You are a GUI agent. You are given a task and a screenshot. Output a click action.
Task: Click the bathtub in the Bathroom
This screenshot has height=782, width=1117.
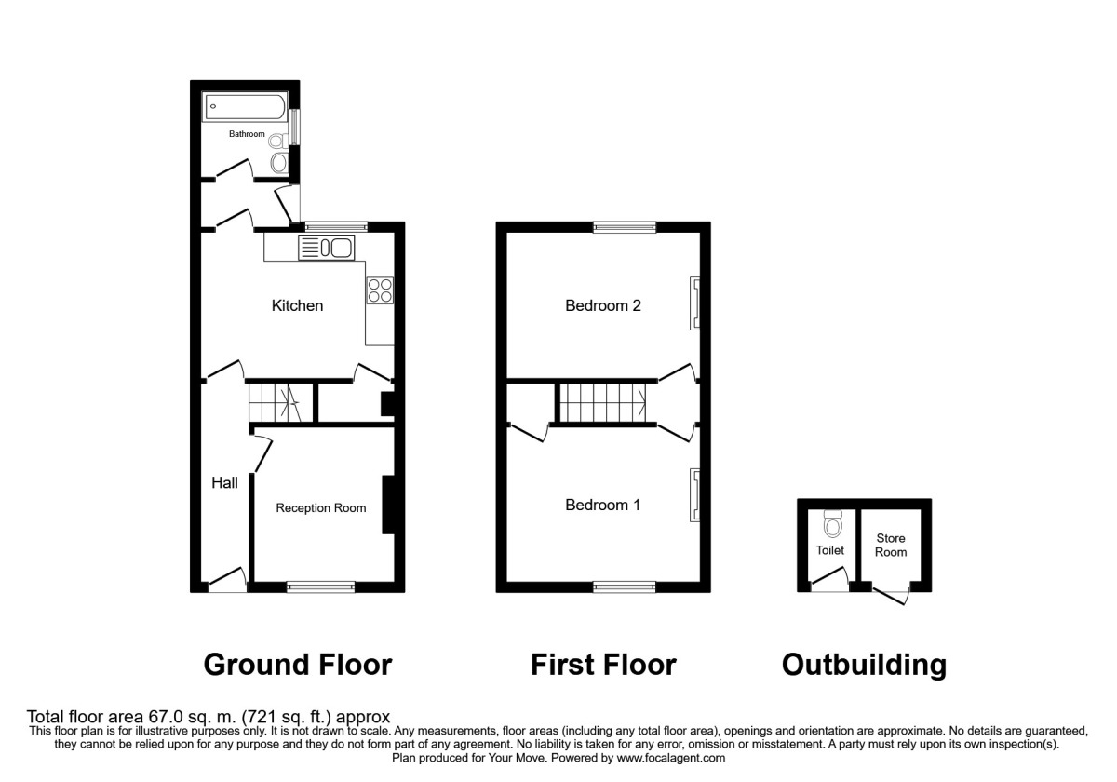[245, 106]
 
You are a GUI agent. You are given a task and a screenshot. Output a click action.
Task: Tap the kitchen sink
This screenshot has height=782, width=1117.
[327, 248]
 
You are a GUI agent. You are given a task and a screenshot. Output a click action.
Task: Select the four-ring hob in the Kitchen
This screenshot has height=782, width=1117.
[380, 290]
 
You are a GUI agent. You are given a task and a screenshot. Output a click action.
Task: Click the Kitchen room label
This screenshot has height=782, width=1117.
[297, 305]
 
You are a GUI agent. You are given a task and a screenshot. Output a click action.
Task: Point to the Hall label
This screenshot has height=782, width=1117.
[224, 483]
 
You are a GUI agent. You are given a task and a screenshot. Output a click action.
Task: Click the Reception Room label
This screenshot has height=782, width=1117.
[320, 507]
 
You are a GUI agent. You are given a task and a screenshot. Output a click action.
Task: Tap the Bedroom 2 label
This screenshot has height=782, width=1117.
[603, 305]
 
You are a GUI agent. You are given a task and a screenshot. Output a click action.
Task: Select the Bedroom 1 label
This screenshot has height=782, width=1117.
[602, 505]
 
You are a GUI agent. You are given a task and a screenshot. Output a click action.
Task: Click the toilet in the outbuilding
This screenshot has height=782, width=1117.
[833, 523]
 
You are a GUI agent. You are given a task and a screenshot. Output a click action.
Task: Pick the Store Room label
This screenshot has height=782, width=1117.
[891, 546]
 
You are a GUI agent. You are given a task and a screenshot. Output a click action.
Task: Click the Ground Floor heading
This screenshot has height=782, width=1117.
[298, 666]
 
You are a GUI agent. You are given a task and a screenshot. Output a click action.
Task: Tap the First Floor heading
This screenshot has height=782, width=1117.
[603, 665]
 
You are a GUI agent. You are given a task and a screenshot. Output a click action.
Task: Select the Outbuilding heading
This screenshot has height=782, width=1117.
[864, 666]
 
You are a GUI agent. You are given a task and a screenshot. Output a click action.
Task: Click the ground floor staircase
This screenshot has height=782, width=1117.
[280, 403]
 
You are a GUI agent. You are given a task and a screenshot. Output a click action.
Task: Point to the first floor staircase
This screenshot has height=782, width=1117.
[602, 403]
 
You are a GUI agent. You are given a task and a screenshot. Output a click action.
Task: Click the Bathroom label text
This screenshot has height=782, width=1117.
[247, 134]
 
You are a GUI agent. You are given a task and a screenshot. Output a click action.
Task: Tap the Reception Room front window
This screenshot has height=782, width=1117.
[320, 587]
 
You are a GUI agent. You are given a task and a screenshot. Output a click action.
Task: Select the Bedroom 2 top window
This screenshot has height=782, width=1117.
[625, 227]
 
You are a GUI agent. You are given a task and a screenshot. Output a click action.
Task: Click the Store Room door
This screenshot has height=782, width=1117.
[891, 596]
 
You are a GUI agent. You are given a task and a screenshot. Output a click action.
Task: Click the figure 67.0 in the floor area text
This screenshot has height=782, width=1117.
[166, 717]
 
